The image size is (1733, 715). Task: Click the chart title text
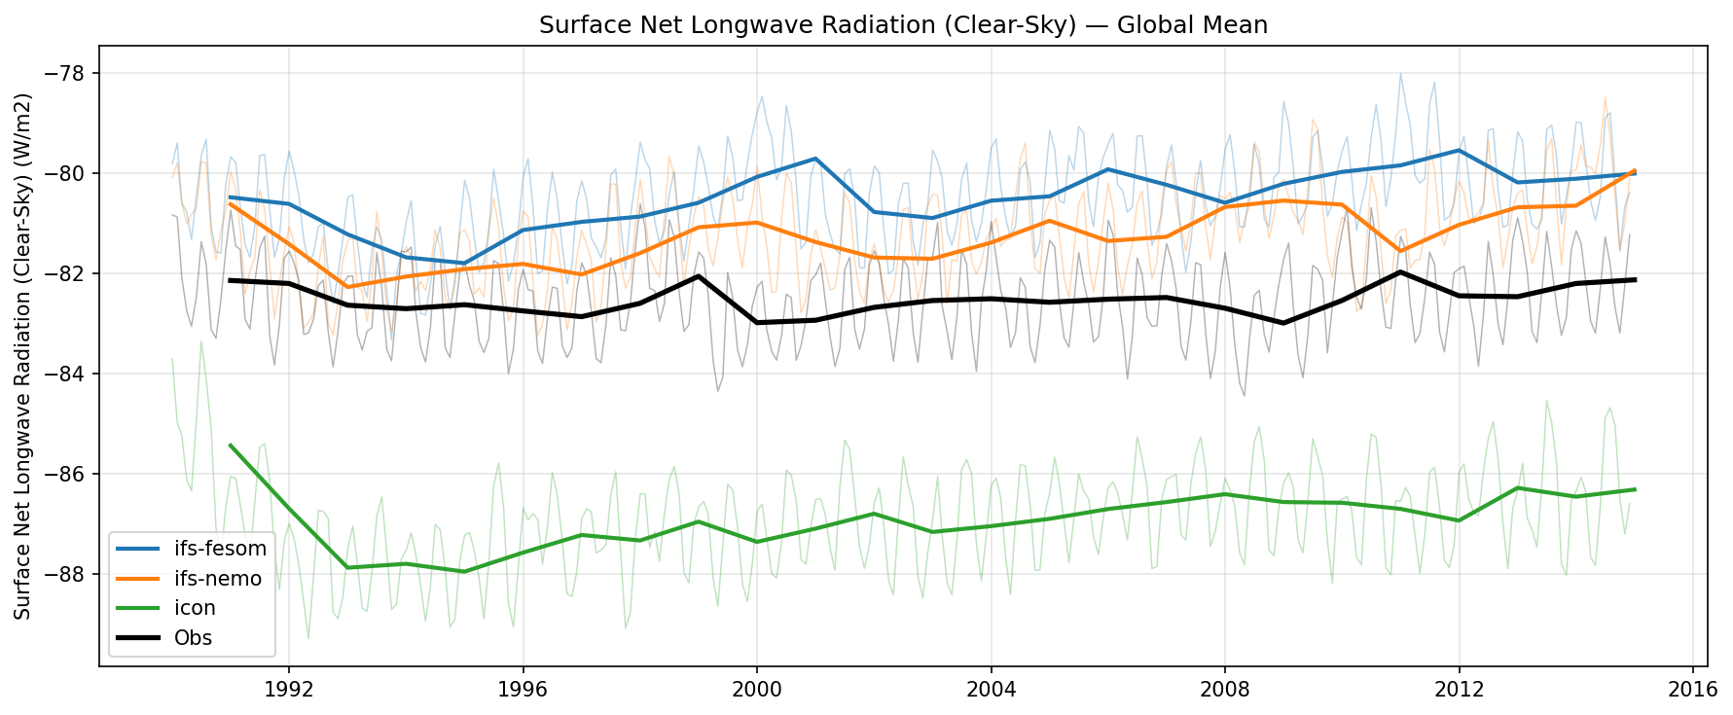click(903, 25)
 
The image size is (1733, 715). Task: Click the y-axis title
click(23, 356)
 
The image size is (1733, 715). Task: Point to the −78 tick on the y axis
click(72, 74)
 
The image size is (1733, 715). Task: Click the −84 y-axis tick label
click(72, 375)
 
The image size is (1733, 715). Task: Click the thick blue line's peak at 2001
click(815, 159)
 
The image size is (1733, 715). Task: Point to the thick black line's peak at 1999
click(699, 276)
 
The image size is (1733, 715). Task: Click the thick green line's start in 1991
click(230, 445)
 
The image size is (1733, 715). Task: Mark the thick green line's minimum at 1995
click(464, 572)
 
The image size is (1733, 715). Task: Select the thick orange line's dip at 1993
click(347, 287)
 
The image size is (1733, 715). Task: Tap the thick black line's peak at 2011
click(1400, 271)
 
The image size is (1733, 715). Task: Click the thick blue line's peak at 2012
click(1459, 150)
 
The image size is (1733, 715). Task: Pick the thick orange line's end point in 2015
click(1635, 170)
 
